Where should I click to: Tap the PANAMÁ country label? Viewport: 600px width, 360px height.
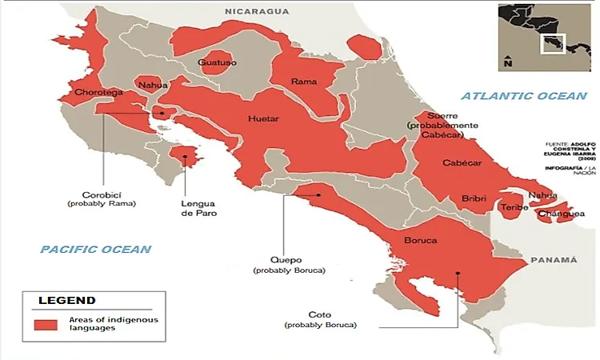click(x=553, y=260)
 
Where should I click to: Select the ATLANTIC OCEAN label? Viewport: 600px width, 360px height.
click(x=524, y=96)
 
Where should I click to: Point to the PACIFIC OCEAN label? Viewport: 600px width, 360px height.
click(x=96, y=250)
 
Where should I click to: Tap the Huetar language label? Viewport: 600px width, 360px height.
click(x=263, y=119)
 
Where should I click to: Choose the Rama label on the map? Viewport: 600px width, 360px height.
click(x=303, y=82)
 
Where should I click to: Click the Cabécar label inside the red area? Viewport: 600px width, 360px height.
click(x=463, y=163)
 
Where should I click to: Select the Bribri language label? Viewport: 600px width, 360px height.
click(x=474, y=198)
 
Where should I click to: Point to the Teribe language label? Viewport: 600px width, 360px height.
click(x=513, y=208)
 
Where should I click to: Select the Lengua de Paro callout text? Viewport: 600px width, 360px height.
click(x=198, y=208)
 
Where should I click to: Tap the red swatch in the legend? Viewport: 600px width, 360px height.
click(x=46, y=324)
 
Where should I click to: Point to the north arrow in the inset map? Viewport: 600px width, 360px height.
click(x=507, y=60)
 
